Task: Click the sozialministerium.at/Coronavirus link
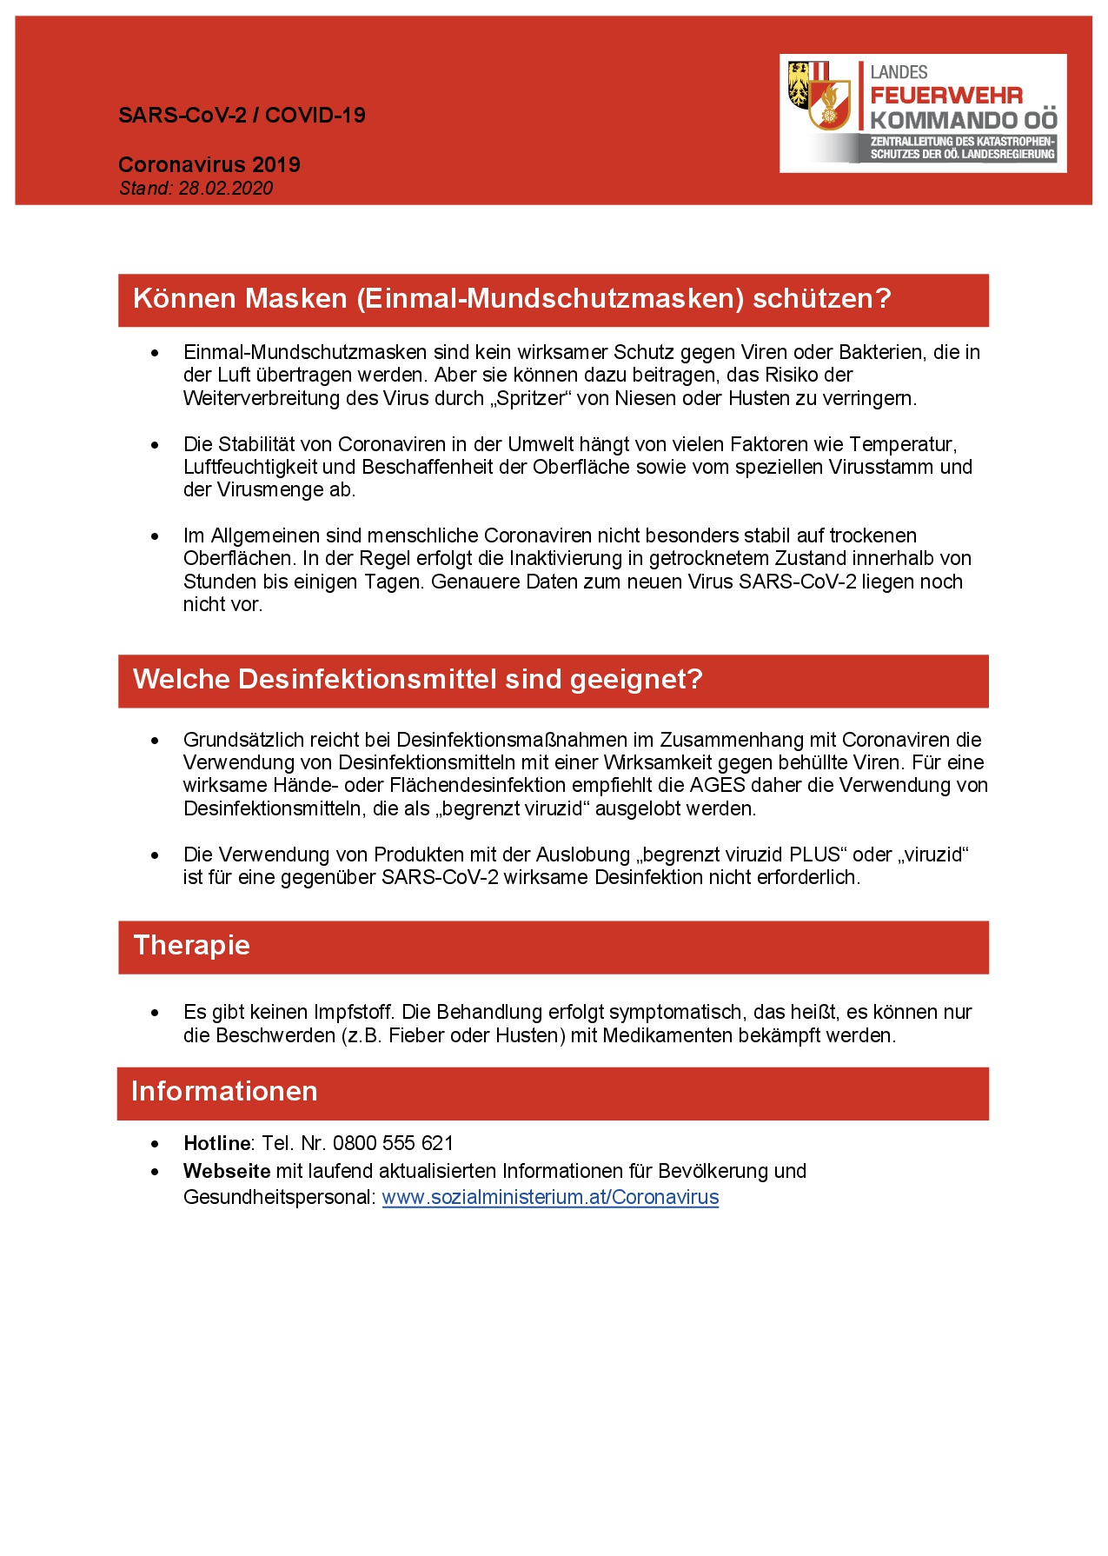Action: click(550, 1197)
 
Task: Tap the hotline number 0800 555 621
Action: click(393, 1143)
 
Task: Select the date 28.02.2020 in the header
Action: click(226, 189)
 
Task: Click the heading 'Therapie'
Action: click(192, 945)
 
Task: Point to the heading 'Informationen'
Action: click(224, 1091)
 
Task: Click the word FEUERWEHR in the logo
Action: click(946, 96)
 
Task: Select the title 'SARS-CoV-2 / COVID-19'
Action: click(242, 116)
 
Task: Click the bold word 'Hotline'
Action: click(216, 1143)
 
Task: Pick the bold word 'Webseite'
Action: click(227, 1171)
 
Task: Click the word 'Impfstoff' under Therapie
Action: click(355, 1012)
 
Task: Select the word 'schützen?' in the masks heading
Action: click(822, 298)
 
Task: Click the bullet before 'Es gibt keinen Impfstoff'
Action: click(156, 1013)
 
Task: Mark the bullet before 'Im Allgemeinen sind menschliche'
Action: click(156, 536)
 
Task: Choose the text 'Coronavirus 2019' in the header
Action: click(209, 164)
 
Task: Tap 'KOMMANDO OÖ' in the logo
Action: click(964, 120)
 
